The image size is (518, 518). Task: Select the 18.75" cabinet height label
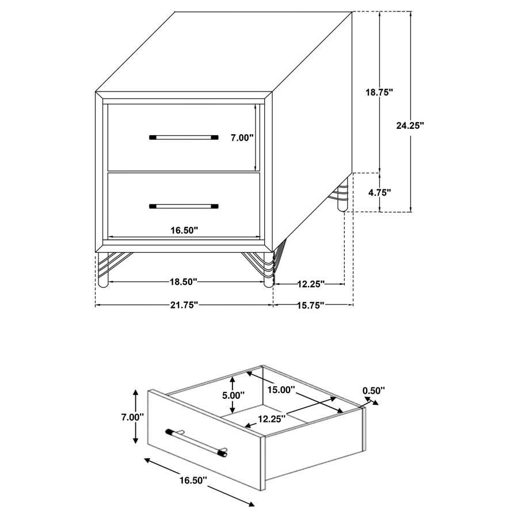[380, 92]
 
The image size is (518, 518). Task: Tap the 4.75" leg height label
[379, 193]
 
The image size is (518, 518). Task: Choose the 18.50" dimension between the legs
[183, 282]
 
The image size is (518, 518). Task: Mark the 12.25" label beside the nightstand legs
[310, 283]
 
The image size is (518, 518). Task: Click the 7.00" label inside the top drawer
[242, 138]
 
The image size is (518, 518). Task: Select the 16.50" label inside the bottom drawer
[184, 230]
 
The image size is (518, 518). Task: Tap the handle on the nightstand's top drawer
[184, 138]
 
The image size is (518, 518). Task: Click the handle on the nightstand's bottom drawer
[184, 205]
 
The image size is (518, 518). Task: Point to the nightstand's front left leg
[103, 271]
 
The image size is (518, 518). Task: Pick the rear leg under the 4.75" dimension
[343, 196]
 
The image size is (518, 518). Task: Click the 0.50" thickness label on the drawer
[374, 391]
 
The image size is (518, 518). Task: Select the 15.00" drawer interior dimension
[281, 390]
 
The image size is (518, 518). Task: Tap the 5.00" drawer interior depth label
[233, 395]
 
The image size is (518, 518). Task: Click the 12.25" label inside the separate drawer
[271, 420]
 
